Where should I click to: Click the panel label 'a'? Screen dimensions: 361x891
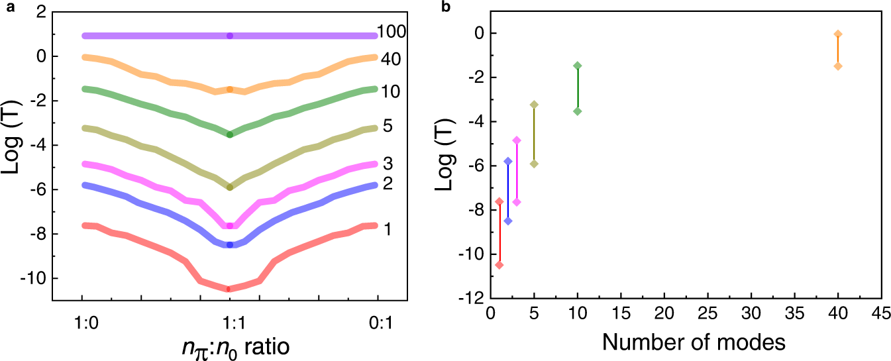coord(6,7)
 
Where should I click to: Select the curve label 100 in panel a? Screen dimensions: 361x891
coord(392,31)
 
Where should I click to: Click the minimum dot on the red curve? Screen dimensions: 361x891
coord(229,289)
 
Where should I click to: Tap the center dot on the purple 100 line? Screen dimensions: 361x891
coord(229,36)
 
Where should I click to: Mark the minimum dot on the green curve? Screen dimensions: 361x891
coord(229,134)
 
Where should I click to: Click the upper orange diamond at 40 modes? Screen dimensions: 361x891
coord(838,34)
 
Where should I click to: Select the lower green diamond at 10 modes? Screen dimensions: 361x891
coord(578,111)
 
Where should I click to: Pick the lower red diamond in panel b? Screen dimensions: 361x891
coord(499,265)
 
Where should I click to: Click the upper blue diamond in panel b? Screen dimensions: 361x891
coord(508,161)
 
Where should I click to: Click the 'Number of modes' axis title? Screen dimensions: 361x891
coord(684,342)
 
